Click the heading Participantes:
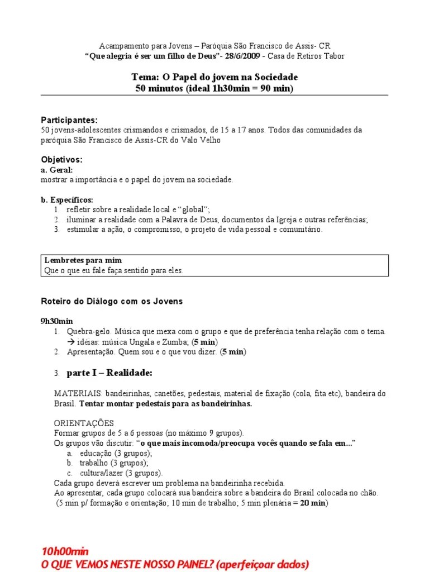(x=69, y=120)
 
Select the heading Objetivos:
(x=61, y=160)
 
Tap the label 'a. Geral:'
(x=57, y=170)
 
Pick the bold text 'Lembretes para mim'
(x=83, y=261)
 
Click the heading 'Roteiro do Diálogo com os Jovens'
(x=112, y=301)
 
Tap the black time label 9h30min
(x=57, y=321)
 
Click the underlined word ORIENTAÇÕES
(x=84, y=423)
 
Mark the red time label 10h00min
(x=65, y=552)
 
